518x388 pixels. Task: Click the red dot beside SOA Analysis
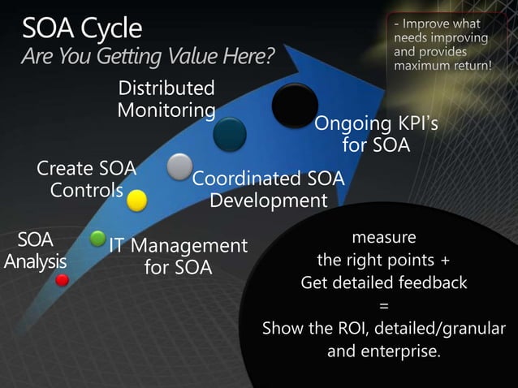[x=62, y=280]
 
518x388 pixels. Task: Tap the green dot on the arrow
[x=97, y=239]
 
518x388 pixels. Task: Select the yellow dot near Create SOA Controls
[x=136, y=199]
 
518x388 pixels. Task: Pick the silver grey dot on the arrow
[x=179, y=166]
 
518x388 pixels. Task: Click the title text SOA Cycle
[x=81, y=29]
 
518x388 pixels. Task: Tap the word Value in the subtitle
[x=194, y=57]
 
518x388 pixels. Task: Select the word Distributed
[x=166, y=88]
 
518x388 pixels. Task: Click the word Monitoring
[x=166, y=110]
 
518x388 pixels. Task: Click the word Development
[x=268, y=200]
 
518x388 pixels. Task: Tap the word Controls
[x=86, y=191]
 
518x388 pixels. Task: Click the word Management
[x=189, y=245]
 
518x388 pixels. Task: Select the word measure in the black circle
[x=383, y=238]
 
